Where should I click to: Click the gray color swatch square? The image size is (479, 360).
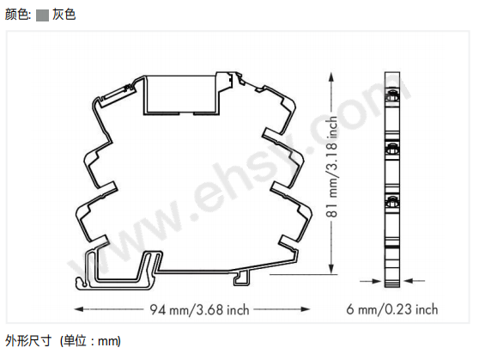coord(42,15)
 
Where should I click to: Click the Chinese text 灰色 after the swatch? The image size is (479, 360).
coord(64,15)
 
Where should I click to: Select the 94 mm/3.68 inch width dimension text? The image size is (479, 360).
coord(199,309)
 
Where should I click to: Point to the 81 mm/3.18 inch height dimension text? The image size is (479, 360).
coord(331,167)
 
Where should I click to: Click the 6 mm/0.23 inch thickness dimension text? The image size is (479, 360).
coord(392,309)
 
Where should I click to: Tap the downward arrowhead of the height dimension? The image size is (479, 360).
coord(331,269)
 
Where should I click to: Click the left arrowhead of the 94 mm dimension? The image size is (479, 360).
coord(79,309)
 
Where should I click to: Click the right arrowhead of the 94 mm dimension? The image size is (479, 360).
coord(306,309)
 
